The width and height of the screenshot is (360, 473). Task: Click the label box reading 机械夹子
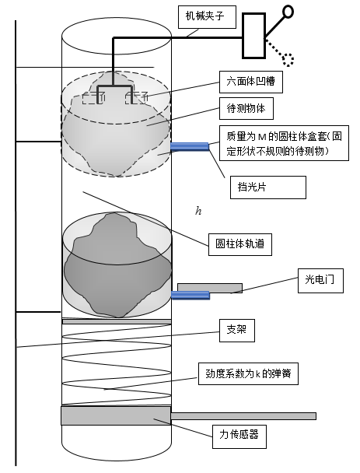tap(207, 17)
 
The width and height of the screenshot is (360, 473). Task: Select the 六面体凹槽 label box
tap(251, 82)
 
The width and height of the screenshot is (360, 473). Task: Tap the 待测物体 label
tap(246, 108)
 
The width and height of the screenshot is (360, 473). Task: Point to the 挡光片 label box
tap(268, 187)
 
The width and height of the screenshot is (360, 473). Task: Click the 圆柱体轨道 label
tap(240, 244)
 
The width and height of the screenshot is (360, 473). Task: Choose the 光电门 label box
tap(320, 281)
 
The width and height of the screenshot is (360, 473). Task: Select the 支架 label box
tap(237, 331)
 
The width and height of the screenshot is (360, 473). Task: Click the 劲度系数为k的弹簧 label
tap(248, 373)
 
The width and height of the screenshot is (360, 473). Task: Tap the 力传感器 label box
tap(239, 436)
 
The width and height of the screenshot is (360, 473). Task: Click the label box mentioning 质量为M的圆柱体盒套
tap(284, 143)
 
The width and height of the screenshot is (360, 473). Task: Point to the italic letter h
tap(198, 211)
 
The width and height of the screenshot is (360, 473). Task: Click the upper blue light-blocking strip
tap(190, 146)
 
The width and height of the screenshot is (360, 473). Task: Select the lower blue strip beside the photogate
tap(190, 296)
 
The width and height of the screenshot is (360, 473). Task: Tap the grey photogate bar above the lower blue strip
tap(210, 288)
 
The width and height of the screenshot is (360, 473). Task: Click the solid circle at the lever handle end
tap(288, 12)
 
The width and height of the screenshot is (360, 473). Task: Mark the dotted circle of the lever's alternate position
tap(288, 60)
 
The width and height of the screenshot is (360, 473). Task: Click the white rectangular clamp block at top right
tap(254, 35)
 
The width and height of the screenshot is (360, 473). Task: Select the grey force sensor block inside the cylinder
tap(116, 415)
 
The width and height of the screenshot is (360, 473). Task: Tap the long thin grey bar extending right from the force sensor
tap(243, 416)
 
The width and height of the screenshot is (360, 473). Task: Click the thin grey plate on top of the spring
tap(117, 321)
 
